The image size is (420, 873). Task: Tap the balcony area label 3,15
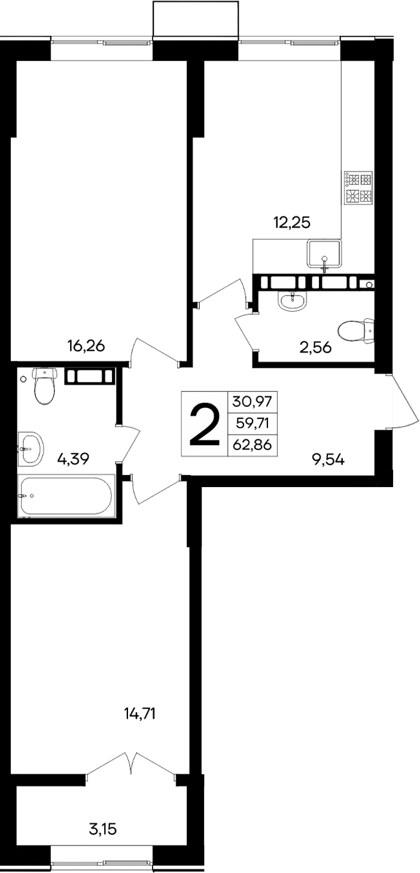101,829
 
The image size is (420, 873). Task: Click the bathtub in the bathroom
66,495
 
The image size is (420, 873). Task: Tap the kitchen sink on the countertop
324,253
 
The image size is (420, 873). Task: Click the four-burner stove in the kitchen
358,188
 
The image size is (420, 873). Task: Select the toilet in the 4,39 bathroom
44,386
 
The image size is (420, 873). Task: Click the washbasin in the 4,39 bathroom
31,446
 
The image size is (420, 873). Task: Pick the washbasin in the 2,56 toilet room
292,300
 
